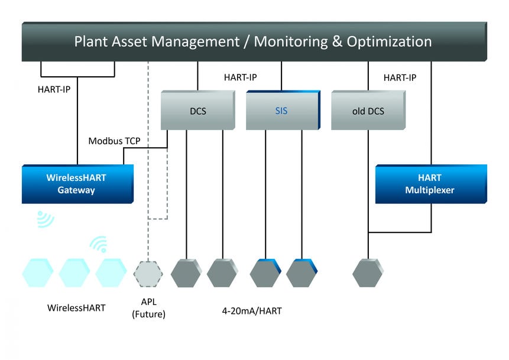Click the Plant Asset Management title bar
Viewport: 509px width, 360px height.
point(253,41)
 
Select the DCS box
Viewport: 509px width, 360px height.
point(197,111)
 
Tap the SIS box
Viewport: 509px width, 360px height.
point(281,111)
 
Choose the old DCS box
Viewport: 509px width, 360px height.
point(367,111)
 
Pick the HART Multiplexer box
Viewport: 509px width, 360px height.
point(430,184)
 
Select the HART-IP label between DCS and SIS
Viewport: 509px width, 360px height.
point(240,77)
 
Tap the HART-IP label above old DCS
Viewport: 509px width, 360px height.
point(400,77)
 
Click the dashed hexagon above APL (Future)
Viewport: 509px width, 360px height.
point(148,274)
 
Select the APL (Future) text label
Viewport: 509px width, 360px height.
point(148,309)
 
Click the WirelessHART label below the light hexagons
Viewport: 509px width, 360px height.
point(77,308)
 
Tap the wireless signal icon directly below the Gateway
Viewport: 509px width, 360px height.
point(45,219)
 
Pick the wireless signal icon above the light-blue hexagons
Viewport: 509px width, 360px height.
point(98,244)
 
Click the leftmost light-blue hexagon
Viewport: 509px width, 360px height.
point(38,273)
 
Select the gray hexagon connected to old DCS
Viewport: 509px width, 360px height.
point(368,273)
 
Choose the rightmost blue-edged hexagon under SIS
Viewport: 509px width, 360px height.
point(301,273)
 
